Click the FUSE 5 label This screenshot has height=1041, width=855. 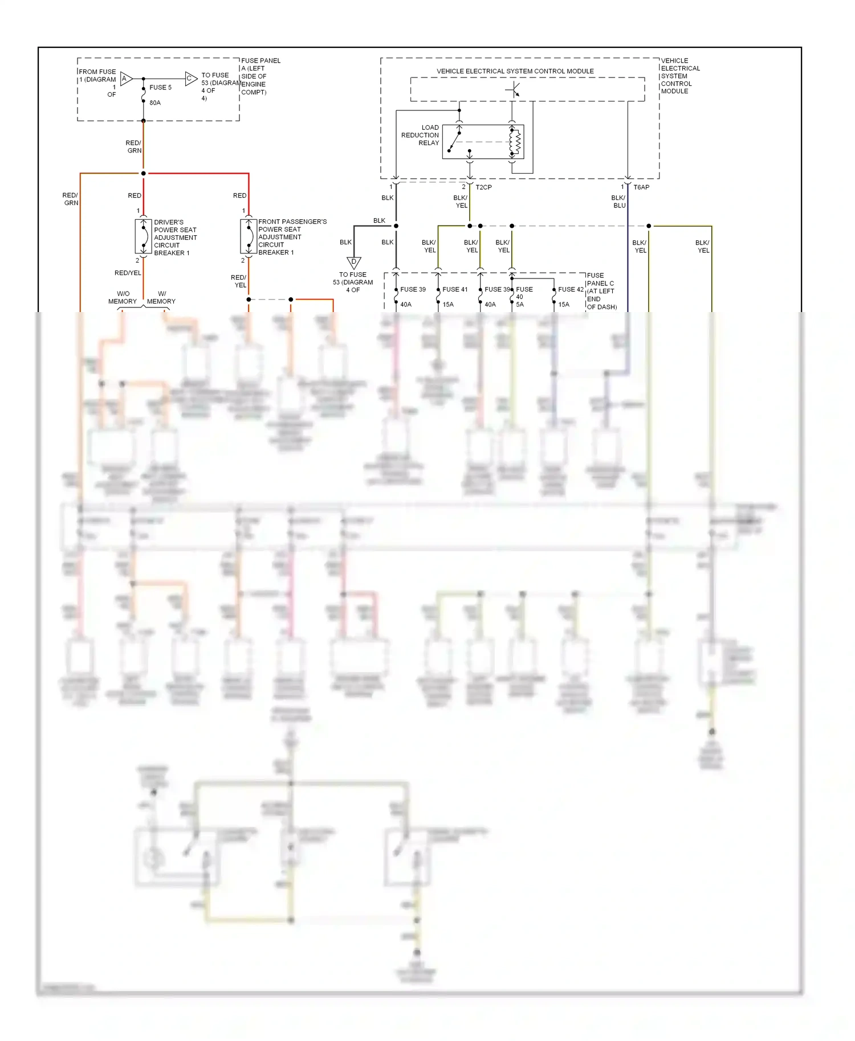coord(160,87)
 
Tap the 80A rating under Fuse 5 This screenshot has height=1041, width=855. coord(155,103)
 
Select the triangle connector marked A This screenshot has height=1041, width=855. coord(126,79)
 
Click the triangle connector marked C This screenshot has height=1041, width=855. coord(190,79)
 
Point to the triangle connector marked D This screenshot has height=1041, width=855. coord(354,263)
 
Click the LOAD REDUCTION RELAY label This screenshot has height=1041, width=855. coord(420,136)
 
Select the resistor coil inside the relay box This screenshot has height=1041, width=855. coord(518,142)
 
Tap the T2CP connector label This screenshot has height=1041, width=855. coord(483,187)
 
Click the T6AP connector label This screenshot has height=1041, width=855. coord(641,187)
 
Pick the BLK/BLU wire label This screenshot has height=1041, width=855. coord(619,202)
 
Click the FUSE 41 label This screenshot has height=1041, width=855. coord(455,289)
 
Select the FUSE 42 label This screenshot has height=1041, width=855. coord(571,289)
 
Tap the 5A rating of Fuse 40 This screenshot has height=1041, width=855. coord(520,305)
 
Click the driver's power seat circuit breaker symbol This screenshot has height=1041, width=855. coord(143,236)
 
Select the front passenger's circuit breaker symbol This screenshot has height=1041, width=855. coord(249,236)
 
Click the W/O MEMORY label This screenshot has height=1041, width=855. coord(123,298)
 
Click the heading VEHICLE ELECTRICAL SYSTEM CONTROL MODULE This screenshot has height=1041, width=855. coord(515,71)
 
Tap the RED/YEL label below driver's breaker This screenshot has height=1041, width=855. coord(128,273)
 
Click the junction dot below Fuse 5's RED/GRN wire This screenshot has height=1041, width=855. coord(144,173)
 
